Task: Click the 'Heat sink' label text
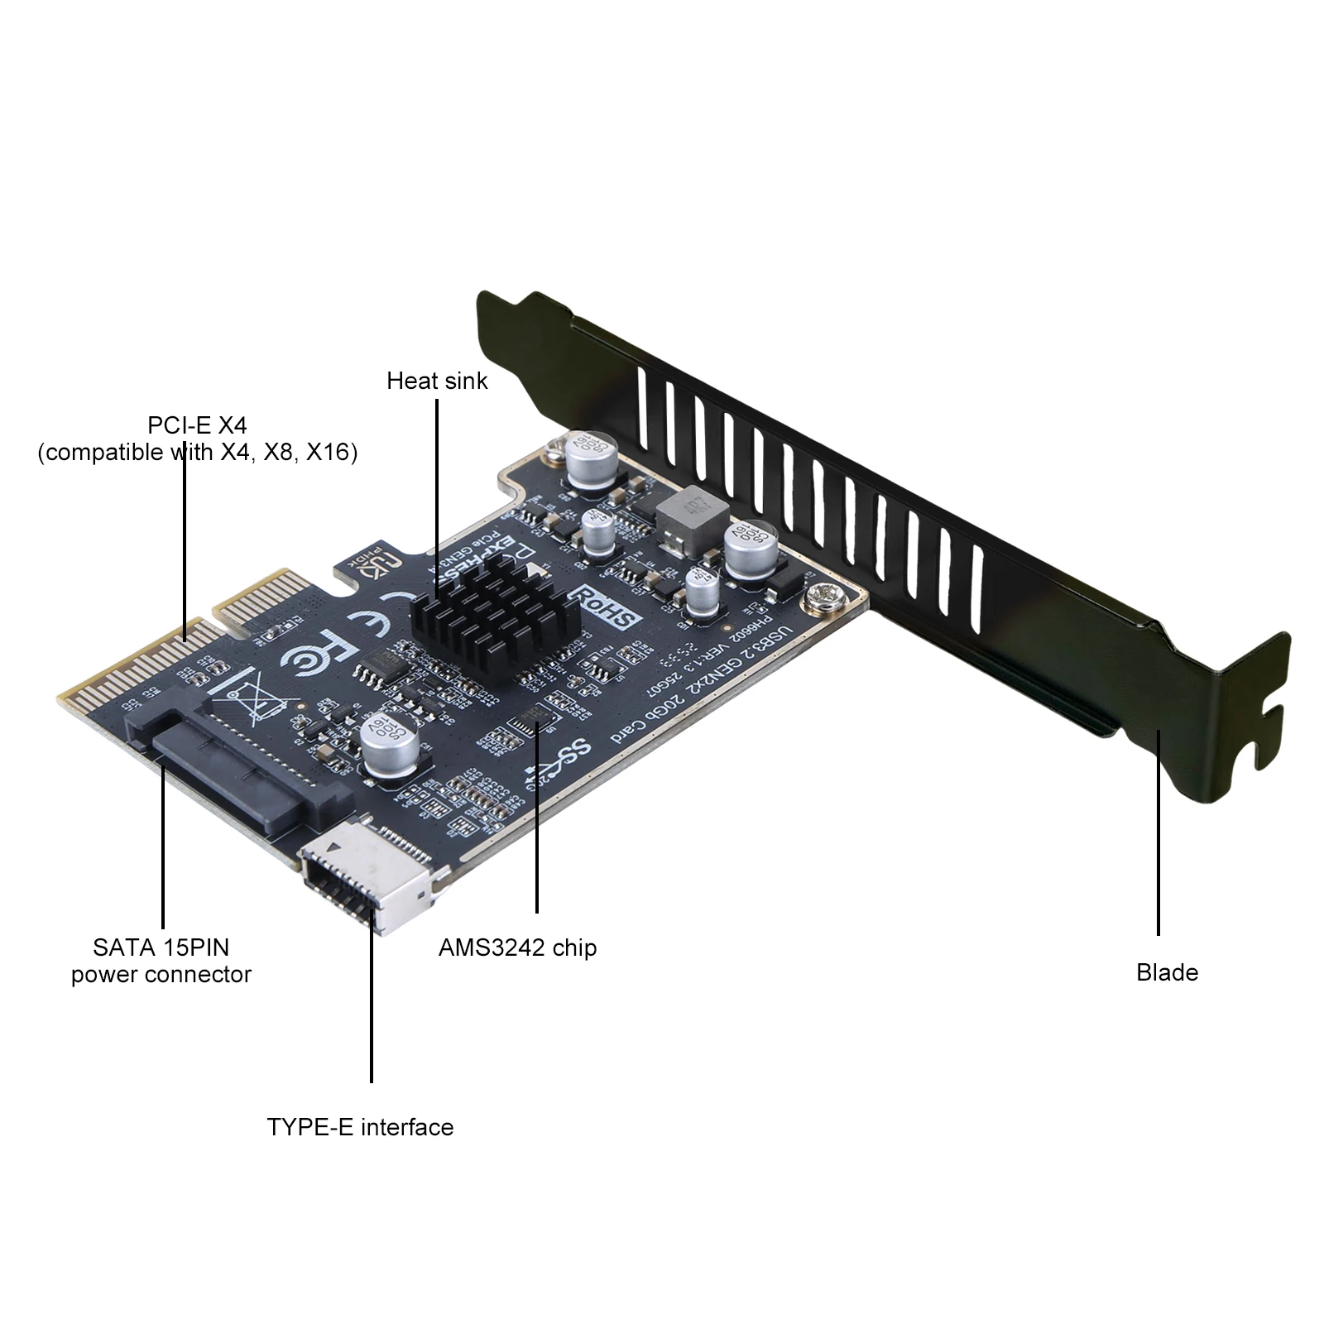click(x=437, y=381)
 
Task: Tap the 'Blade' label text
click(x=1167, y=972)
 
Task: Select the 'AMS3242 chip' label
click(x=517, y=947)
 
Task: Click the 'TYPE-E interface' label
click(x=360, y=1127)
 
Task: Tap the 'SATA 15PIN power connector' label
click(x=161, y=960)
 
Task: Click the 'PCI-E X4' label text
click(x=197, y=425)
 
